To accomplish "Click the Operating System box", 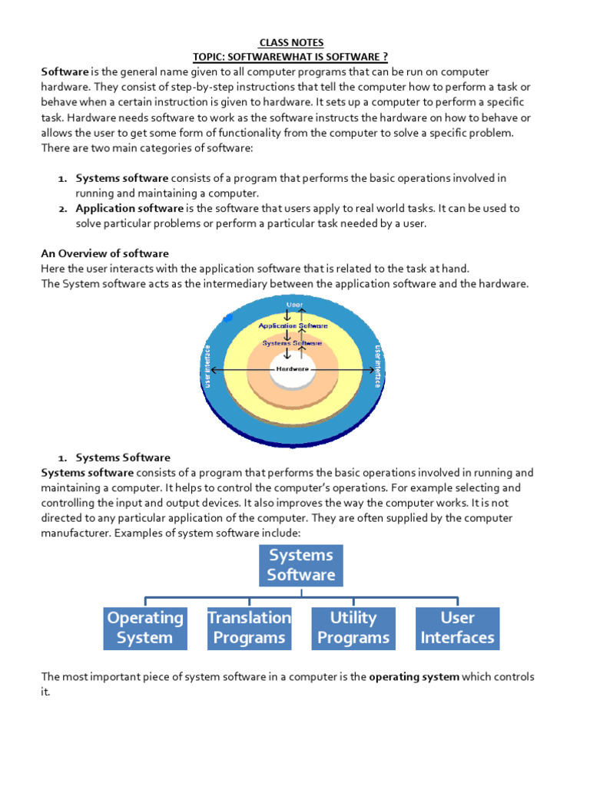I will [x=145, y=628].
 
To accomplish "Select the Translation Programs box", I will [x=249, y=628].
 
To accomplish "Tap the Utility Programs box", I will [x=353, y=628].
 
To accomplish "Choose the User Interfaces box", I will [x=457, y=628].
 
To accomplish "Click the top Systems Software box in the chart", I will [x=301, y=565].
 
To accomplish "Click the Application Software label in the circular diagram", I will [x=292, y=325].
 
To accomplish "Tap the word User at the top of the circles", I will [x=293, y=305].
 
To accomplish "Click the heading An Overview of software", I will [x=104, y=253].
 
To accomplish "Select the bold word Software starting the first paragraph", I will [x=65, y=71].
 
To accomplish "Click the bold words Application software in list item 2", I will [x=129, y=208].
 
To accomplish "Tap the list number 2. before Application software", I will [x=63, y=208].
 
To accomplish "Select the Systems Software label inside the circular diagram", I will [x=292, y=343].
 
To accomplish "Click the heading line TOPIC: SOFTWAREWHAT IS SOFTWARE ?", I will [x=296, y=58].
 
